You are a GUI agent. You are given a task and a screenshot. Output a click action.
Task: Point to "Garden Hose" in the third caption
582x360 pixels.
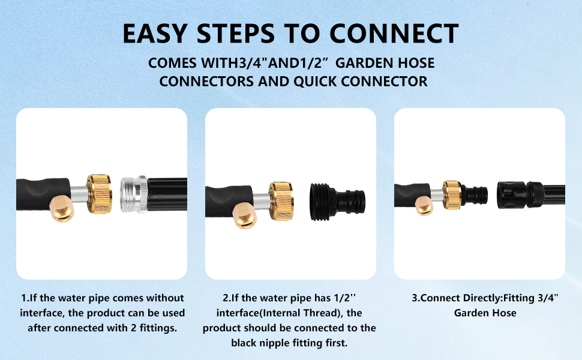(485, 313)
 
